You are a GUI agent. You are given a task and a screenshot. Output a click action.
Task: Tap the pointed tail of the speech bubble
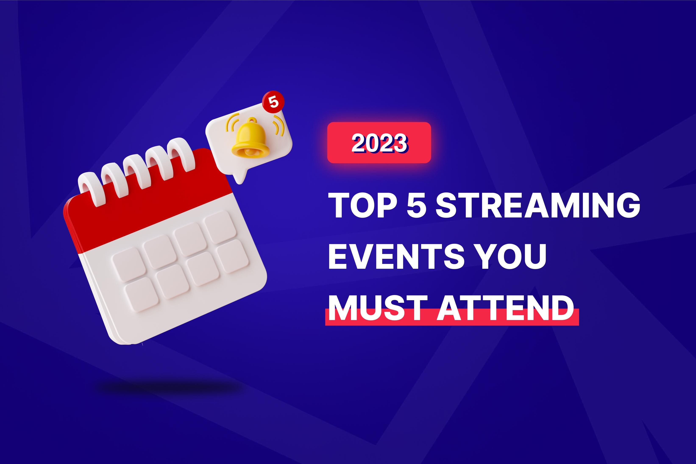coord(240,178)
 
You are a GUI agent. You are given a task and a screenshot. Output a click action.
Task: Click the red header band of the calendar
coord(148,213)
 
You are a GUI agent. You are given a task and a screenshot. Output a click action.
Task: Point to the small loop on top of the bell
coord(252,120)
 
